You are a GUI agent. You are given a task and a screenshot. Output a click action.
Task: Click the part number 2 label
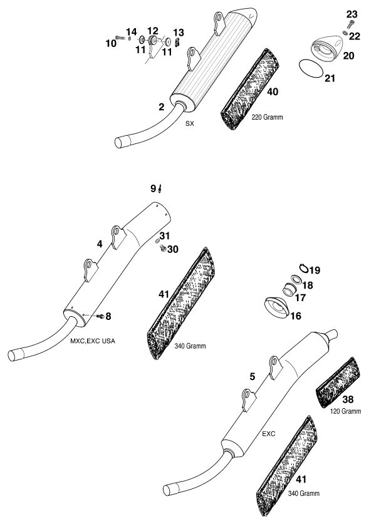pyautogui.click(x=162, y=107)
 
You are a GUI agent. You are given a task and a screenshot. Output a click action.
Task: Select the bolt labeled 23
pyautogui.click(x=350, y=24)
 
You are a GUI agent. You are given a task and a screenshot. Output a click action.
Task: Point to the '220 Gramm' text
pyautogui.click(x=267, y=117)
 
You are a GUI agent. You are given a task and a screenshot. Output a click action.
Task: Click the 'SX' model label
pyautogui.click(x=189, y=124)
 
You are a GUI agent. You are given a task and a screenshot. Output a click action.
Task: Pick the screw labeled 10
pyautogui.click(x=120, y=38)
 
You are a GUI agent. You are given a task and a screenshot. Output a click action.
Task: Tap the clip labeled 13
pyautogui.click(x=177, y=42)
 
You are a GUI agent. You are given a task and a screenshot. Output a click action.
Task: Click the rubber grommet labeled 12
pyautogui.click(x=153, y=41)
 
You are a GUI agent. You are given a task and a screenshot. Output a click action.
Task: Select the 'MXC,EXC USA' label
pyautogui.click(x=93, y=341)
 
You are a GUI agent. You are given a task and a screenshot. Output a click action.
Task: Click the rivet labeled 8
pyautogui.click(x=100, y=316)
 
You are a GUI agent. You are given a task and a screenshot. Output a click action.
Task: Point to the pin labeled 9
pyautogui.click(x=160, y=189)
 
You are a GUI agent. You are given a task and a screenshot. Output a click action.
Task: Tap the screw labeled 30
pyautogui.click(x=163, y=248)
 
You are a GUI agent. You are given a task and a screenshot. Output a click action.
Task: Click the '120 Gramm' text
pyautogui.click(x=346, y=411)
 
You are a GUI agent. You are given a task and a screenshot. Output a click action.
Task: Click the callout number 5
pyautogui.click(x=252, y=377)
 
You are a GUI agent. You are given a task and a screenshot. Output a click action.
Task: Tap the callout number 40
pyautogui.click(x=273, y=91)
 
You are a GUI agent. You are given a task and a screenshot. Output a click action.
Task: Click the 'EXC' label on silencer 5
pyautogui.click(x=268, y=434)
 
